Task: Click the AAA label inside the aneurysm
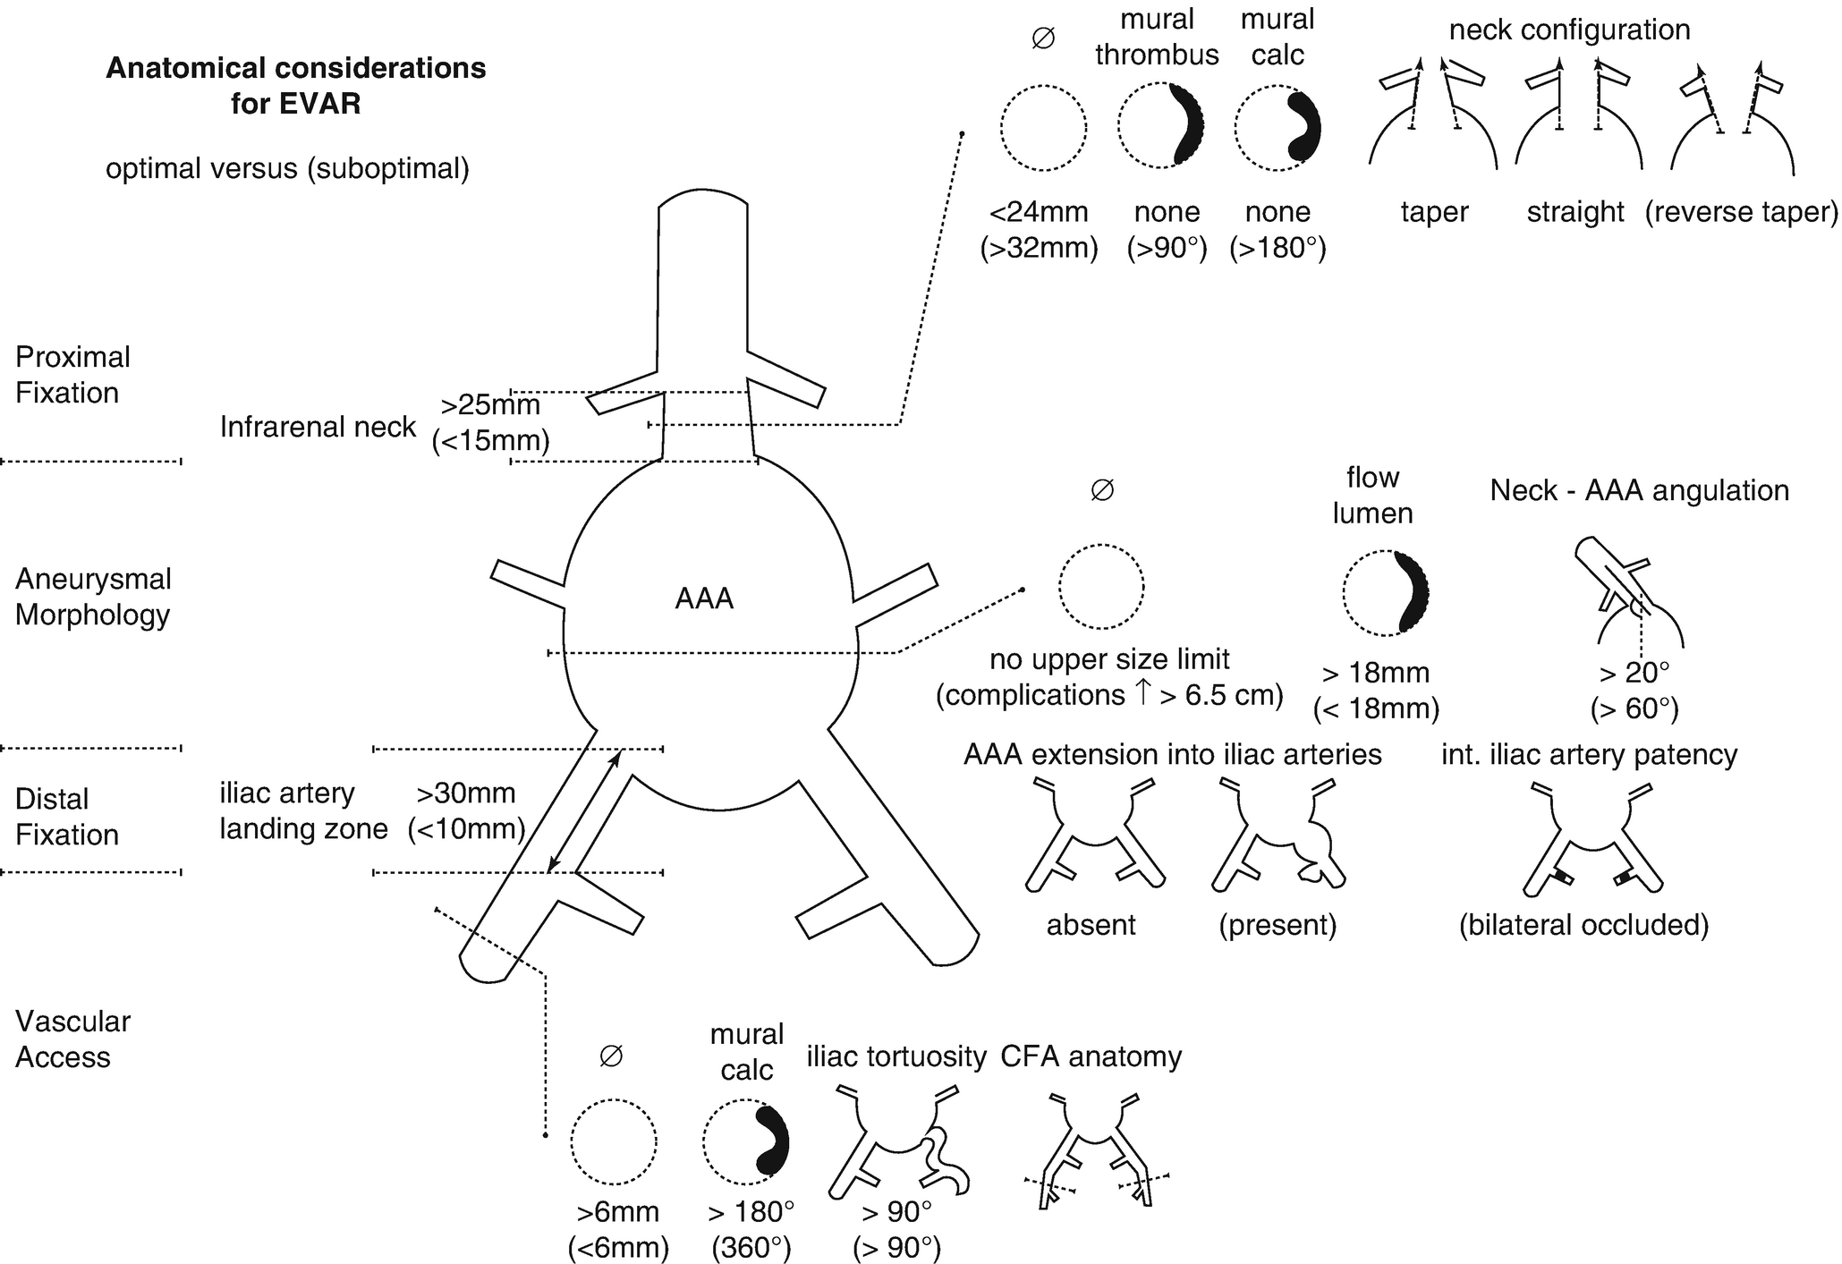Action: [x=704, y=598]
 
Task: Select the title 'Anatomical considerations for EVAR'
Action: [x=296, y=86]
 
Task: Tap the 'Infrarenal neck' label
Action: [x=318, y=428]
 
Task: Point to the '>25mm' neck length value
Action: [x=490, y=406]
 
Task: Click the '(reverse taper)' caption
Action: [x=1741, y=213]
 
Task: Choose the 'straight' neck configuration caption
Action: [x=1575, y=213]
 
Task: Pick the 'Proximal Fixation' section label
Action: [x=72, y=375]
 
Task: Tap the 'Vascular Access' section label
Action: [x=72, y=1039]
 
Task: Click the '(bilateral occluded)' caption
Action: [x=1583, y=925]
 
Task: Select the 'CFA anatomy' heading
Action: [x=1091, y=1057]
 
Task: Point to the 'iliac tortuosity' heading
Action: [x=896, y=1057]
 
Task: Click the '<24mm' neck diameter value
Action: [x=1039, y=213]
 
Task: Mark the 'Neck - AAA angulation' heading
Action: [x=1639, y=490]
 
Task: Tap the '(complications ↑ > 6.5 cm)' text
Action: [x=1109, y=696]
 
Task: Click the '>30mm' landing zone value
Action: [x=466, y=793]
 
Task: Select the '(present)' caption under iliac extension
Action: [x=1278, y=925]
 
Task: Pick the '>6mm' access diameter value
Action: [x=618, y=1212]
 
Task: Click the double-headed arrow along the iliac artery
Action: [x=583, y=811]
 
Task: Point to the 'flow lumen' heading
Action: [x=1372, y=496]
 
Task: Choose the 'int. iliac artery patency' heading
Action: [x=1589, y=755]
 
